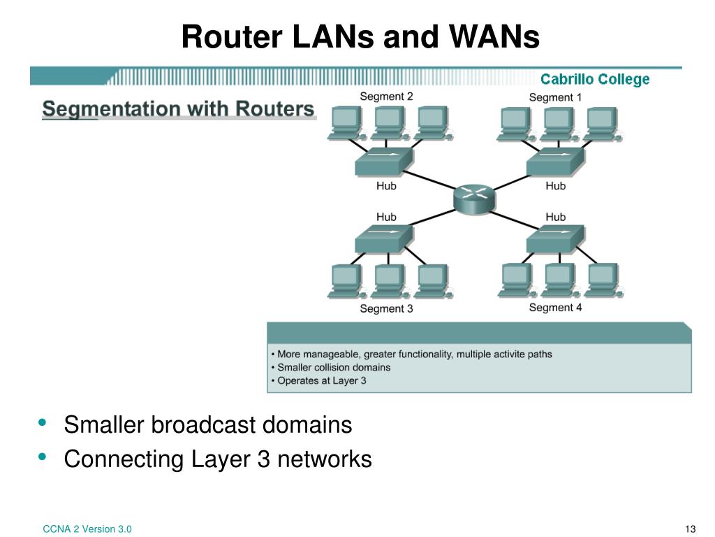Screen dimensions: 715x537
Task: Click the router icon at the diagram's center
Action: point(474,199)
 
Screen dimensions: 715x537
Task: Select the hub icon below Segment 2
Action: point(385,162)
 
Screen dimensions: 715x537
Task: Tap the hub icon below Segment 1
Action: point(555,162)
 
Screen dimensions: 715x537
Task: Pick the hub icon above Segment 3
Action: point(385,239)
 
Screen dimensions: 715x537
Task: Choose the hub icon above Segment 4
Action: point(555,239)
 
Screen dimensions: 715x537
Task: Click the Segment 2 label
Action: point(386,96)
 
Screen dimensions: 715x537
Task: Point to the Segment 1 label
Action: point(555,97)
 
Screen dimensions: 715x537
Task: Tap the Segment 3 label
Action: point(386,308)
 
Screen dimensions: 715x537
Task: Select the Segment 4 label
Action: point(555,308)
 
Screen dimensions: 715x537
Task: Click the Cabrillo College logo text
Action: point(595,80)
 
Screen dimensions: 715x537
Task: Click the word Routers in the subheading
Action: point(275,109)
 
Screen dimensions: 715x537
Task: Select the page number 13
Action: point(691,529)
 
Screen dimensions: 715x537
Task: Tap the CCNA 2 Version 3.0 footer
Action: point(87,529)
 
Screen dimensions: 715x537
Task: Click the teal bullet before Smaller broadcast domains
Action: point(43,422)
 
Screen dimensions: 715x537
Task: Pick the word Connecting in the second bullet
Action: point(124,459)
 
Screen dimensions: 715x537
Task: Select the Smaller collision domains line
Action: point(330,368)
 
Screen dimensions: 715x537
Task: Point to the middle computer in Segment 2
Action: point(388,122)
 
